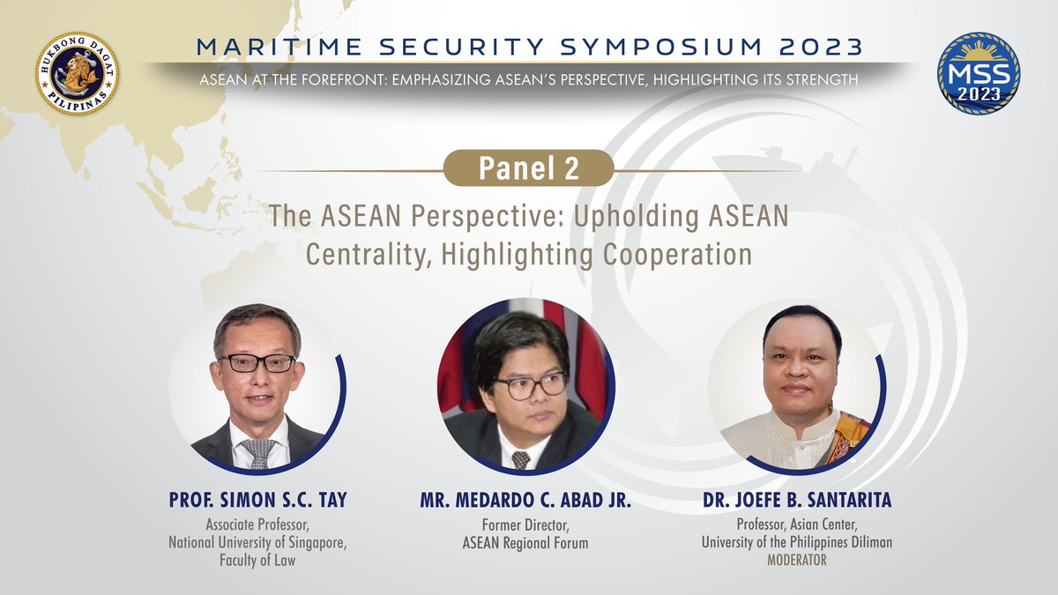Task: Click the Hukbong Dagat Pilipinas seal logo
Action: pos(78,72)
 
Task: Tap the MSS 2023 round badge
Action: pos(979,75)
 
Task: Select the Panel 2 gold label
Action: pos(528,168)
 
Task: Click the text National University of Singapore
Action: pos(257,543)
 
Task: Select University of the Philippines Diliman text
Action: pos(796,543)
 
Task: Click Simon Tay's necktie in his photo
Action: pos(257,451)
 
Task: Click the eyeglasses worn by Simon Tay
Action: pos(257,362)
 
